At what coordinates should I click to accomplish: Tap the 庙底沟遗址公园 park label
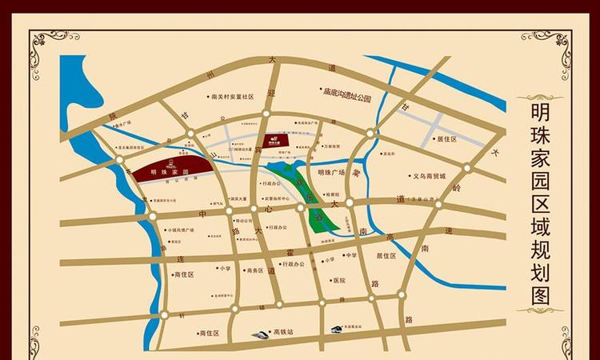(346, 97)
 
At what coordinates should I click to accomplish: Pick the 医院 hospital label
(338, 281)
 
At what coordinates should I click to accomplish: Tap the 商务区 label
(254, 270)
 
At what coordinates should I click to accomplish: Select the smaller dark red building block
(273, 139)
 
